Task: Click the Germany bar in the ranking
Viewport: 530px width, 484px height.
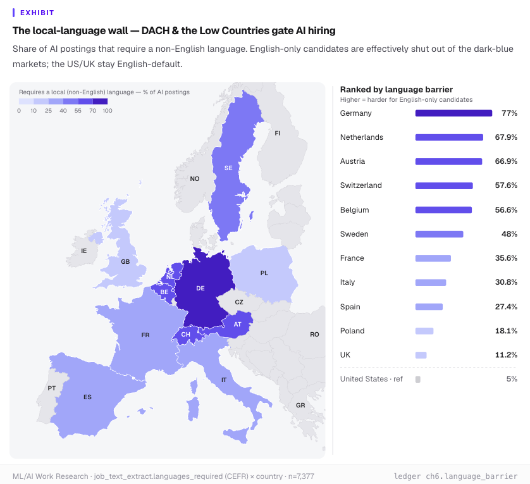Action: point(453,113)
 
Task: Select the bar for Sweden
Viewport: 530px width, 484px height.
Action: point(439,234)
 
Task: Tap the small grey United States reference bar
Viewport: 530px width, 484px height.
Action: point(418,379)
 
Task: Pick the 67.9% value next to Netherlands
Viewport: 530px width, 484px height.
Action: point(506,137)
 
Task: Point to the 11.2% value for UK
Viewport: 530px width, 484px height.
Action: point(506,355)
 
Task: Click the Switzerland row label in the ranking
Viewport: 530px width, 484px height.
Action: point(361,185)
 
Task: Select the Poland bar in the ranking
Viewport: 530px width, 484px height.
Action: point(424,331)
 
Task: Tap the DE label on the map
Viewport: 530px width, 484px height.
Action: point(200,288)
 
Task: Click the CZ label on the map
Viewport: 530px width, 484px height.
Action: point(239,302)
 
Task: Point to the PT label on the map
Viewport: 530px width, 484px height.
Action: point(52,388)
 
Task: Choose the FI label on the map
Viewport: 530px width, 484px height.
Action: point(278,133)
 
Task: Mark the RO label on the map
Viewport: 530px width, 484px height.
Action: point(314,334)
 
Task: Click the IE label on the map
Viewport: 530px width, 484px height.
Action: point(84,251)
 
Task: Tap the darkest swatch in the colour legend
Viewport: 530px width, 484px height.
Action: point(100,101)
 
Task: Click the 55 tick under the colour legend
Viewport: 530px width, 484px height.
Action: point(78,111)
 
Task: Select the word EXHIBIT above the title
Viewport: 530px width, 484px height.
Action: point(37,13)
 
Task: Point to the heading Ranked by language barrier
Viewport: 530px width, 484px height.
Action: point(396,89)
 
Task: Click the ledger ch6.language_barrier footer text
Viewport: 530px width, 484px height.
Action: point(455,476)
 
